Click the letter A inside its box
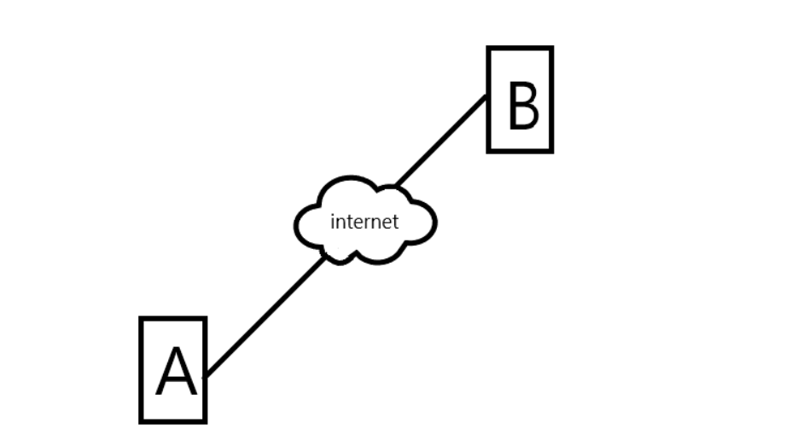pos(176,373)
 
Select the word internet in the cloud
pos(364,223)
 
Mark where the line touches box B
pos(487,96)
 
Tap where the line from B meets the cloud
pos(396,185)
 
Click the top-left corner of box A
pos(141,319)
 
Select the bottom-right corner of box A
pos(205,420)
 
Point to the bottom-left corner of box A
pos(141,420)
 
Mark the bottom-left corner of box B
pos(489,151)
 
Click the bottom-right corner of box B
pos(551,151)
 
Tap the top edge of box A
pos(173,319)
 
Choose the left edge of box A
pos(141,369)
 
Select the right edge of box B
pos(551,100)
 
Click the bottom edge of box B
pos(520,151)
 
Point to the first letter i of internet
pos(333,222)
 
